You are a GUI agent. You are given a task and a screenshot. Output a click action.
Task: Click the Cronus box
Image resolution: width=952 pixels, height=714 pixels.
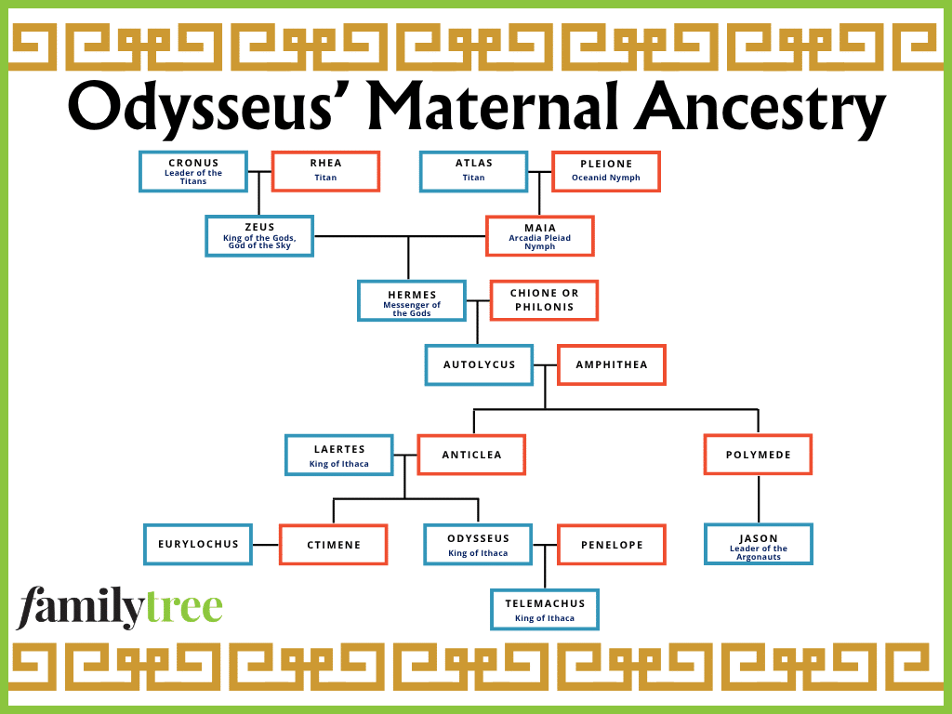tap(193, 172)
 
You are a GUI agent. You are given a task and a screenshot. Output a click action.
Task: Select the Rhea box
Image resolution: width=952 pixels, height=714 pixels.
tap(325, 171)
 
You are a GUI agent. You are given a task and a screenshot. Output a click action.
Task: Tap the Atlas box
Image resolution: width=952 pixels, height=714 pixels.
tap(473, 172)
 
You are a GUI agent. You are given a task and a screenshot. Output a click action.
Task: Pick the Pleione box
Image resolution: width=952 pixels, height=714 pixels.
tap(606, 172)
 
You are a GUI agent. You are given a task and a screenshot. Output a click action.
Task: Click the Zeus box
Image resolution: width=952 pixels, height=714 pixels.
tap(259, 236)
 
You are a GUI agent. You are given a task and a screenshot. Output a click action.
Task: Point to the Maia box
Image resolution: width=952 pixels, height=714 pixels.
tap(540, 236)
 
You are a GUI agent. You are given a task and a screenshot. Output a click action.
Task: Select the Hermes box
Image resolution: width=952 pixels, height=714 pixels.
tap(412, 300)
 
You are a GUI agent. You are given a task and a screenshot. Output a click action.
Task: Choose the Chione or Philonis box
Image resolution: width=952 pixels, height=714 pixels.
tap(544, 300)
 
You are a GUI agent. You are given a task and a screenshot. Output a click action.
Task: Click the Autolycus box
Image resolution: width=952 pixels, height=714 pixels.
tap(479, 364)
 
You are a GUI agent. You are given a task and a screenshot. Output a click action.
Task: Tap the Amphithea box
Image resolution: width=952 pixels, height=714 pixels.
tap(612, 364)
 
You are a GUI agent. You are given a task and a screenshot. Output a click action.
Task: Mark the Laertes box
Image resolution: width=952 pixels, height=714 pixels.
tap(339, 456)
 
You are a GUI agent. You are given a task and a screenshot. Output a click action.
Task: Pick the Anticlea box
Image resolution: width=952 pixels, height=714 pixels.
tap(471, 455)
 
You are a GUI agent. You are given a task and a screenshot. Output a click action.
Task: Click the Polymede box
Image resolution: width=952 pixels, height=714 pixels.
tap(759, 455)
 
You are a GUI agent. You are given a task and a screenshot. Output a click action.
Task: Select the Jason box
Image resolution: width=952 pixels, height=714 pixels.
tap(759, 545)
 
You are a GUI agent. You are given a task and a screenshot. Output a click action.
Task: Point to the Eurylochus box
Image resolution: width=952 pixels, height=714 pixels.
tap(198, 545)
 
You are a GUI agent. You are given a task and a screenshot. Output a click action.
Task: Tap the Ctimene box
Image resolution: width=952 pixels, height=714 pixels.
tap(334, 545)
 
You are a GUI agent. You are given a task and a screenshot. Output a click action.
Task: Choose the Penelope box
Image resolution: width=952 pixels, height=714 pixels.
tap(612, 545)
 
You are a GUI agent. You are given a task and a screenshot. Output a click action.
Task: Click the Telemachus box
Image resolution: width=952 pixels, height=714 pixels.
tap(545, 610)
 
